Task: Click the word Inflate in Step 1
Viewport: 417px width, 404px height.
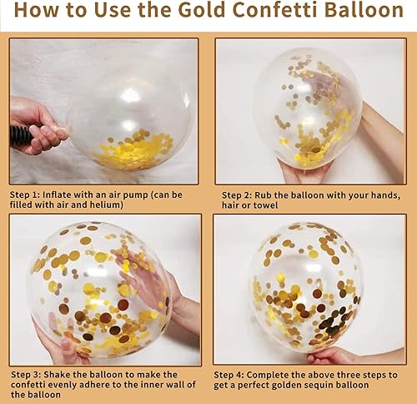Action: click(x=68, y=194)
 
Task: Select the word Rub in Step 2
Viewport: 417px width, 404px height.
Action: click(x=273, y=194)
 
